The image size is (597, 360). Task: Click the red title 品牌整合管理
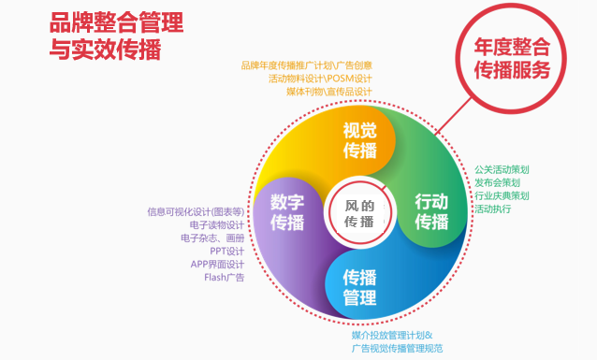pyautogui.click(x=115, y=22)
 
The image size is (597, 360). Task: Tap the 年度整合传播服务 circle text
pyautogui.click(x=511, y=59)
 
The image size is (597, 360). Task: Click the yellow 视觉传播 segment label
pyautogui.click(x=359, y=139)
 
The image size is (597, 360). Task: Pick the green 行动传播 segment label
pyautogui.click(x=431, y=211)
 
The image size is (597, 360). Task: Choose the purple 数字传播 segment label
pyautogui.click(x=287, y=212)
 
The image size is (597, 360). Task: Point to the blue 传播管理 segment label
pyautogui.click(x=359, y=286)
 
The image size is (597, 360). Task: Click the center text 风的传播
pyautogui.click(x=359, y=214)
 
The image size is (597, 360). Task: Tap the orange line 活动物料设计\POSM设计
pyautogui.click(x=320, y=79)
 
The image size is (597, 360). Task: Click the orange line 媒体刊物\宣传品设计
pyautogui.click(x=326, y=92)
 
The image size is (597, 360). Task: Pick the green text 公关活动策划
pyautogui.click(x=502, y=170)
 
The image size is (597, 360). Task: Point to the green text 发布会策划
pyautogui.click(x=496, y=183)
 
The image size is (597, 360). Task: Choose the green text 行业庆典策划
pyautogui.click(x=502, y=196)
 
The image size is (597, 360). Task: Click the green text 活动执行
pyautogui.click(x=492, y=209)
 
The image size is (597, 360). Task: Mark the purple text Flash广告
pyautogui.click(x=224, y=278)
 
